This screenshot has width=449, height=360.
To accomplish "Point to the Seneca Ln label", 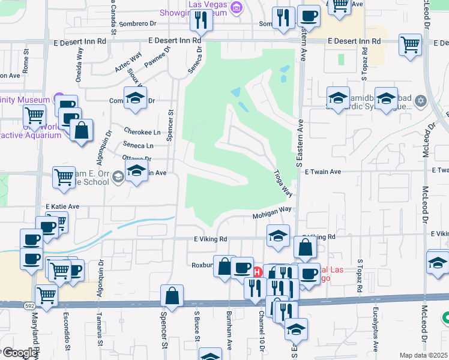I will point(138,145).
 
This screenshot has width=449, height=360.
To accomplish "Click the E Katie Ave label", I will point(63,206).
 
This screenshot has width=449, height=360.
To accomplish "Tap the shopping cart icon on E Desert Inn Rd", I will point(410,44).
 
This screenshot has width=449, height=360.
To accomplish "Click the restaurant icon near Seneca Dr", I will point(200,21).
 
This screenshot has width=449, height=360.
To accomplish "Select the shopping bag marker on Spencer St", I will point(172,296).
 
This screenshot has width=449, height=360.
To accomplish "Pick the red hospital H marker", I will point(258,272).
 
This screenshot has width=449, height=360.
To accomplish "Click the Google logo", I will point(19,353).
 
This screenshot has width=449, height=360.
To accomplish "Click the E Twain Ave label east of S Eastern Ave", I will point(322,172).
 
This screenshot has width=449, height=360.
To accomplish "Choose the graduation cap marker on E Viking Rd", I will point(278,236).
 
